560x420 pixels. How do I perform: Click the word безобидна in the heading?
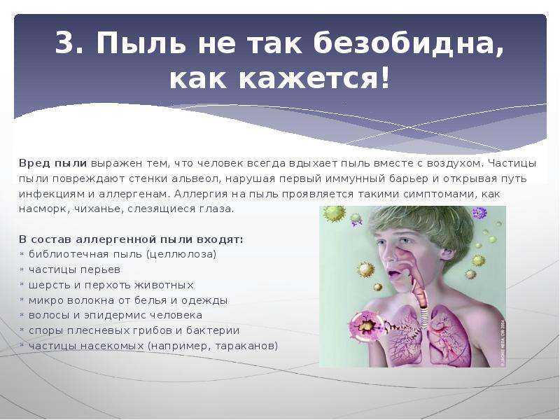pos(408,44)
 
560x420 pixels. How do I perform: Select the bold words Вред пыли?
pos(53,164)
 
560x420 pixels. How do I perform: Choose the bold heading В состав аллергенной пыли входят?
pos(131,239)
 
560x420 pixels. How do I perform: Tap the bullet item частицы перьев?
pos(74,270)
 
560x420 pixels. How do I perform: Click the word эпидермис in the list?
pos(115,316)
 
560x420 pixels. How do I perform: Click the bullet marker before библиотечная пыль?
pos(22,254)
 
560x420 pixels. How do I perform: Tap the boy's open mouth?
pos(393,274)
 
